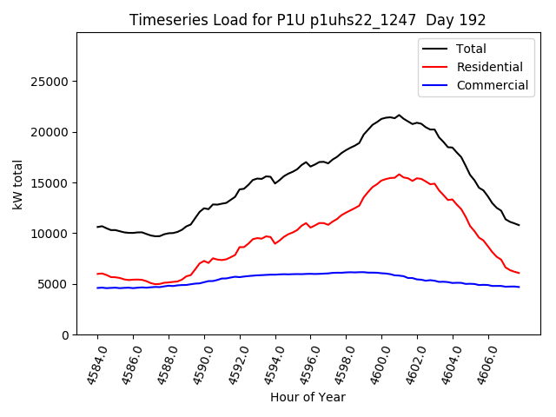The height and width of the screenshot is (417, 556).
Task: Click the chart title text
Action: tap(308, 20)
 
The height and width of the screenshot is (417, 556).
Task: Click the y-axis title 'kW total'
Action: tap(18, 184)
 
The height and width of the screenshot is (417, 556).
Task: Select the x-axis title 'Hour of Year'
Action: tap(308, 397)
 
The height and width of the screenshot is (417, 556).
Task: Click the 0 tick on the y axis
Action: tap(66, 334)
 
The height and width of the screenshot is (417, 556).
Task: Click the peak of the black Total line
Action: tap(399, 115)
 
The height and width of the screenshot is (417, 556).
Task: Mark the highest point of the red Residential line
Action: tap(399, 174)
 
